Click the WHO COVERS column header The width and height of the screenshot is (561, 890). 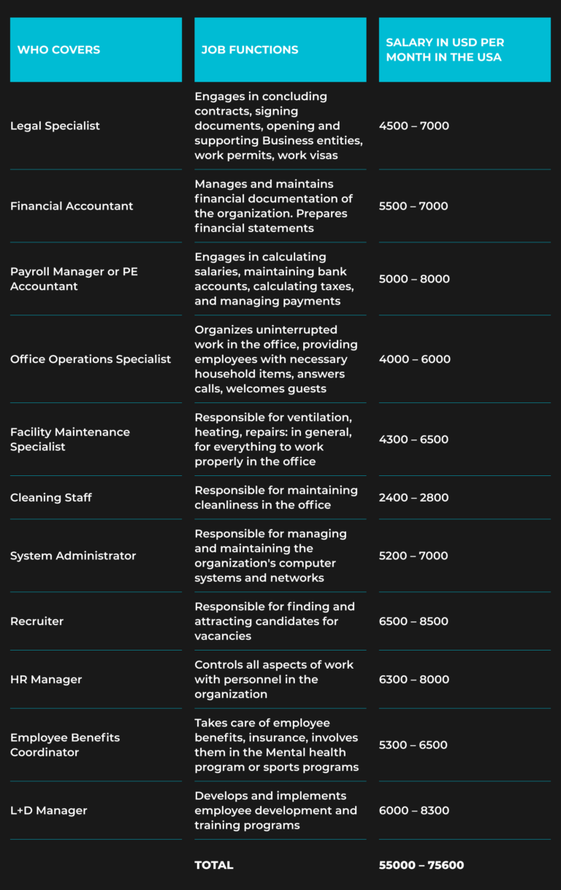[x=58, y=50]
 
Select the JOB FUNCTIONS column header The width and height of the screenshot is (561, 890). [x=250, y=50]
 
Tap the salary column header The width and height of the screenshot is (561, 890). [x=445, y=50]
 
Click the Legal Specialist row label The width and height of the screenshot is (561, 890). [x=55, y=126]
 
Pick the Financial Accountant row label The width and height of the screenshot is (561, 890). [x=72, y=206]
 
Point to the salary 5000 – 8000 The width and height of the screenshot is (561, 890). [x=414, y=279]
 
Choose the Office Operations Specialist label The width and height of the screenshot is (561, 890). [x=91, y=359]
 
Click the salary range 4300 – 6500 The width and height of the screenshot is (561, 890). [x=414, y=440]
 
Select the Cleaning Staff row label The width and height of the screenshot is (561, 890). [x=51, y=497]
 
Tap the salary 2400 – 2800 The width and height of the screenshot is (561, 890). [x=414, y=497]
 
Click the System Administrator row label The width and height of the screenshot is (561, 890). [x=73, y=556]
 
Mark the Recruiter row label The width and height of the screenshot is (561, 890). [x=37, y=621]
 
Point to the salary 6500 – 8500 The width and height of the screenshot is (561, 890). [x=414, y=621]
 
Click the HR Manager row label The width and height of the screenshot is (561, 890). [x=46, y=679]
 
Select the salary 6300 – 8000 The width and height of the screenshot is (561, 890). [x=414, y=679]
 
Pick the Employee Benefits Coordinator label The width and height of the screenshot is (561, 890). [x=65, y=745]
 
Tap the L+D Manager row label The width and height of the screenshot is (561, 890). [x=48, y=810]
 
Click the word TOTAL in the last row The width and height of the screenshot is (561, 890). [x=214, y=865]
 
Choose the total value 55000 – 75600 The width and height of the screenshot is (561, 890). [x=421, y=865]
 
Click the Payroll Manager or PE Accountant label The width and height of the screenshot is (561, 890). [x=74, y=279]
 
